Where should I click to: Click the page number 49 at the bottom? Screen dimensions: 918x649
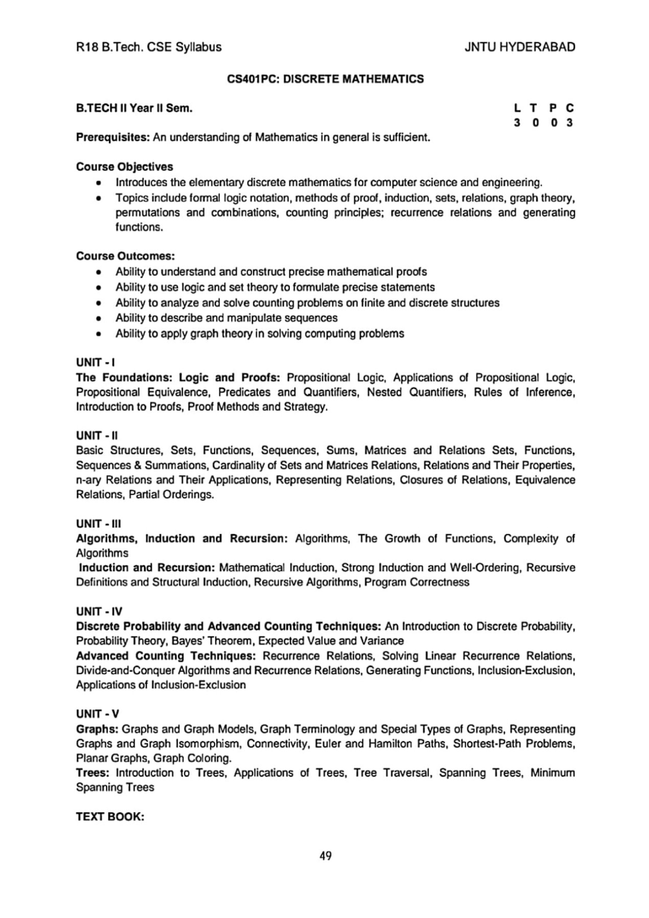click(x=326, y=856)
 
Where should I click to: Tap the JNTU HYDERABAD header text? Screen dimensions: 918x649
click(x=520, y=47)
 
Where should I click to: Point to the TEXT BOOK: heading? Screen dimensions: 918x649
click(x=110, y=817)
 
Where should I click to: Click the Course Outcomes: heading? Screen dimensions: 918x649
click(x=125, y=256)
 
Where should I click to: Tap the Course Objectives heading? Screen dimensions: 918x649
click(x=124, y=167)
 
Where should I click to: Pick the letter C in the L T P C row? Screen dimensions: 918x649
click(x=569, y=108)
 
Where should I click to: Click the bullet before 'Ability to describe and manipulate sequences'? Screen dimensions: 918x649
click(x=98, y=319)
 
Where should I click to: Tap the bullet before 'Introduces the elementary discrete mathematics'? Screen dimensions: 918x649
click(x=98, y=183)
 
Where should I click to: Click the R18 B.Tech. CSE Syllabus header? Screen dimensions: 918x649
click(x=149, y=47)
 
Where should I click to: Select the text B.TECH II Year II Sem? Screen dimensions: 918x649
click(x=134, y=108)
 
